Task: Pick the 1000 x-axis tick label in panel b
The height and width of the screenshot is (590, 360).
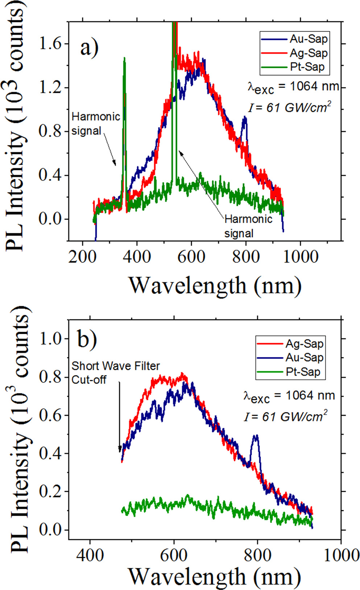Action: [x=340, y=555]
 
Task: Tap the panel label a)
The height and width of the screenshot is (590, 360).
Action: [x=89, y=48]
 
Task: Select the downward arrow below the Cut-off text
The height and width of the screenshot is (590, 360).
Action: [x=120, y=417]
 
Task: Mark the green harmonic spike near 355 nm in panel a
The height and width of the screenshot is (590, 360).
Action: [x=124, y=60]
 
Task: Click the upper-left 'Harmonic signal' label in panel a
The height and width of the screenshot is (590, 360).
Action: [x=96, y=124]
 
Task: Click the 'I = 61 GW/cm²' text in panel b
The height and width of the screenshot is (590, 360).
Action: [x=285, y=416]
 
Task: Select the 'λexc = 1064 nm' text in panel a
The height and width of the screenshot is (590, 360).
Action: [x=293, y=87]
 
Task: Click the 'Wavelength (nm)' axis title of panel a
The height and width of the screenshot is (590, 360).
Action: [x=215, y=285]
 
